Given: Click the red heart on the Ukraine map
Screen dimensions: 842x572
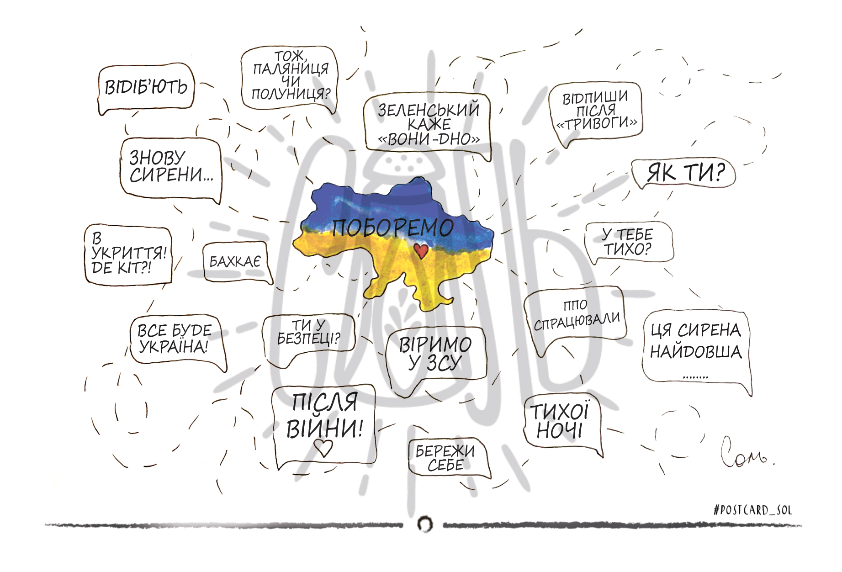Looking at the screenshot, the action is coord(421,250).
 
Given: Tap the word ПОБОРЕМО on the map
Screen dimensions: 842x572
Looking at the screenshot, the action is coord(393,228).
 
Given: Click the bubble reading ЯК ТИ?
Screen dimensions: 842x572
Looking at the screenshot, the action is coord(684,174).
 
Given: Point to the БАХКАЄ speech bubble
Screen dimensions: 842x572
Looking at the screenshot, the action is coord(237,262).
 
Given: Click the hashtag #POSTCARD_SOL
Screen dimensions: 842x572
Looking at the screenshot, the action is coord(752,510).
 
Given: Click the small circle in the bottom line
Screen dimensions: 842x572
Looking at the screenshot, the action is coord(425,524).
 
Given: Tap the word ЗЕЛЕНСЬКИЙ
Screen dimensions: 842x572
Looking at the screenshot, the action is coord(429,110).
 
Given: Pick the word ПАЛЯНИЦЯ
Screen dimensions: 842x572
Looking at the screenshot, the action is coord(291,69).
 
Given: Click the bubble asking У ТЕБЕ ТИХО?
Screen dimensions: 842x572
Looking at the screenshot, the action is coord(629,242).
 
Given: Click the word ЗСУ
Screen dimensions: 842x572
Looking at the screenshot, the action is coord(444,364).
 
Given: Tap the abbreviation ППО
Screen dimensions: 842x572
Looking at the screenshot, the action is coord(575,305).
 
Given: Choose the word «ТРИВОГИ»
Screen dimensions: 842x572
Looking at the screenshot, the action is coord(596,123).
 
